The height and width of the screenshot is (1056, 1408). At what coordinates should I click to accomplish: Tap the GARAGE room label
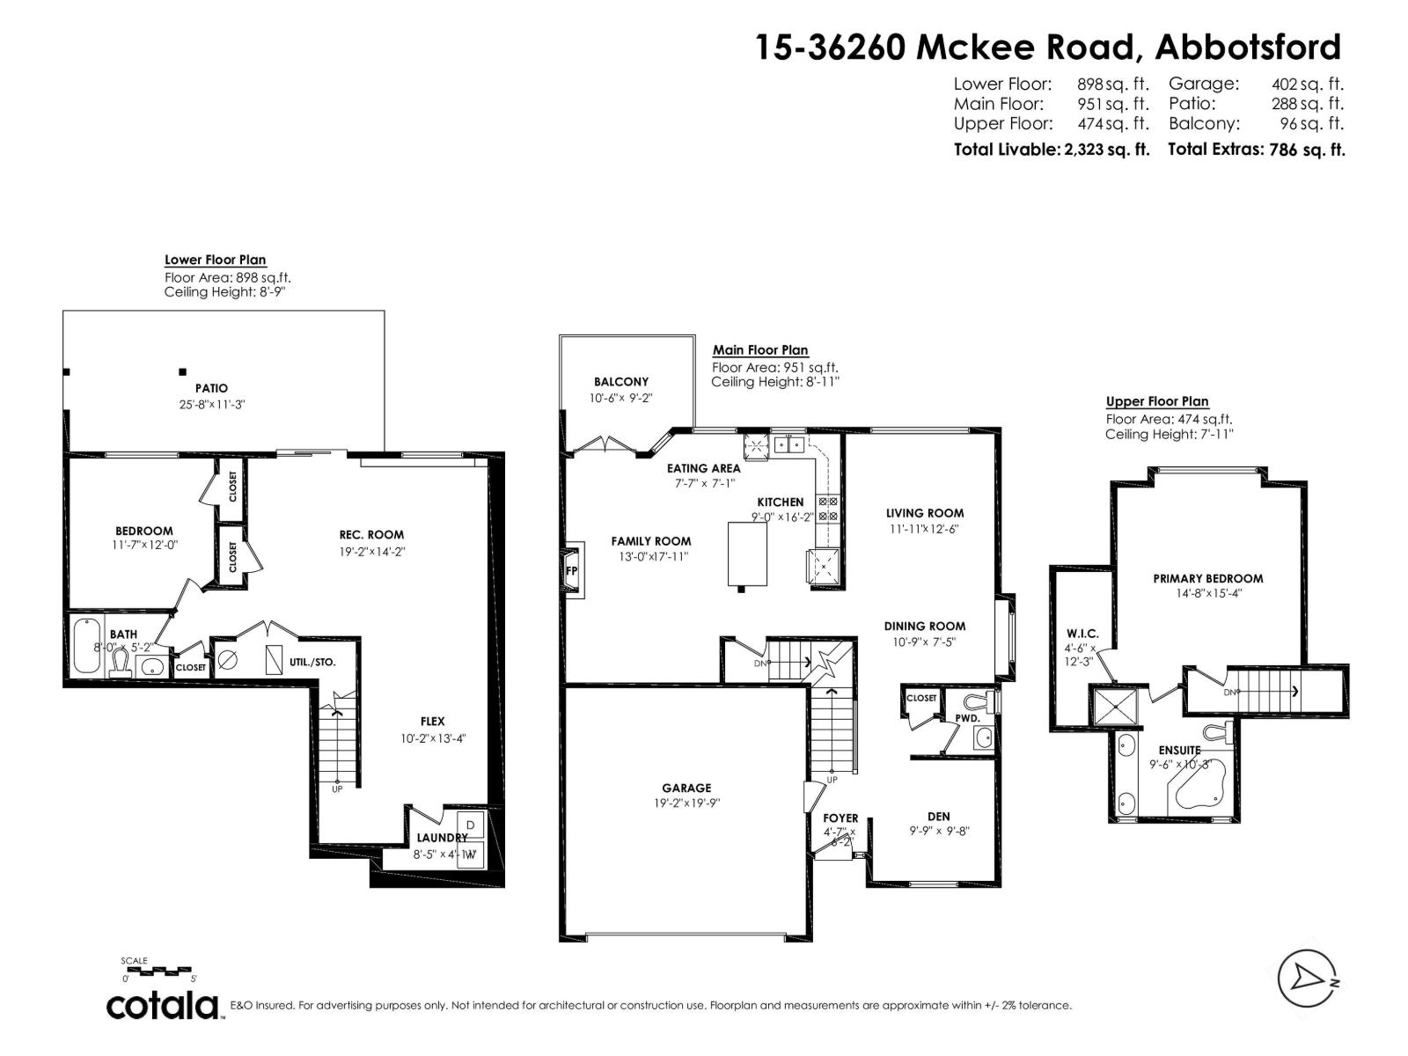coord(686,788)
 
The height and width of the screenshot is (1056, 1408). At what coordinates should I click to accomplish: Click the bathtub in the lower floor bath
coord(85,648)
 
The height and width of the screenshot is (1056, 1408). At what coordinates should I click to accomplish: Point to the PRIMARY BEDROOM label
coord(1207,578)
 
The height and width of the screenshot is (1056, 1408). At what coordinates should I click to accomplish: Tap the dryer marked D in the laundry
coord(471,825)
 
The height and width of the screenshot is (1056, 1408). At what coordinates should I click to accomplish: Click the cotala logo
coord(164,1005)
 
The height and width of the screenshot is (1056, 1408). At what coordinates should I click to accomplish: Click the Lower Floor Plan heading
coord(215,260)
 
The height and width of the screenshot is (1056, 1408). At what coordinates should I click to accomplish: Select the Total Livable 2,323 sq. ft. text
coord(1051,150)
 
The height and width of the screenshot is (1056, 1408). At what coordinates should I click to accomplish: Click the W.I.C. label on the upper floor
coord(1082,634)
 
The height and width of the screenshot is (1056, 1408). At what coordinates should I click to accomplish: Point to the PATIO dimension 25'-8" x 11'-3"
coord(211,405)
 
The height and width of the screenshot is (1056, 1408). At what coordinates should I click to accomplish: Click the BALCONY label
coord(620,381)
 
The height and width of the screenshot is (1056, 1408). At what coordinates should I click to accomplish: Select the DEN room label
coord(938,816)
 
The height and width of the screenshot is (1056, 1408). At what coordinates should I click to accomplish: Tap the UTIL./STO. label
coord(312,662)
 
